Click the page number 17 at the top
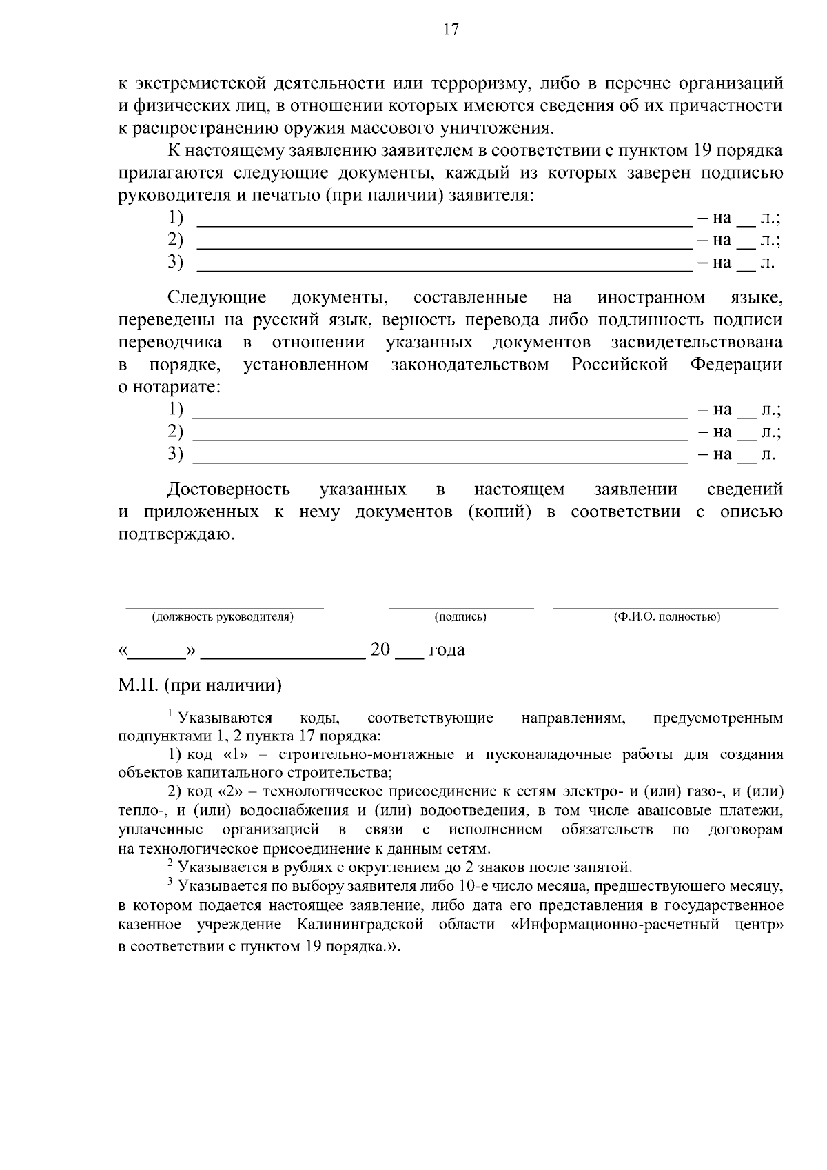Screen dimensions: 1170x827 [451, 30]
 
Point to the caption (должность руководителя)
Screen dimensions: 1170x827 [223, 617]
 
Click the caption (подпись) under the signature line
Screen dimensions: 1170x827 [460, 617]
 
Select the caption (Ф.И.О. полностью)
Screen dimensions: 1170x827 [666, 617]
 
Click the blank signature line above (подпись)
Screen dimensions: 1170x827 [460, 607]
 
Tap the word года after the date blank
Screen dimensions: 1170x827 [447, 650]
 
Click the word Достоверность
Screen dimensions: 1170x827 [229, 490]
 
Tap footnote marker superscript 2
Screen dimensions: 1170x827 [170, 863]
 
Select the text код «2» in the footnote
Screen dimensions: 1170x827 [221, 791]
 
